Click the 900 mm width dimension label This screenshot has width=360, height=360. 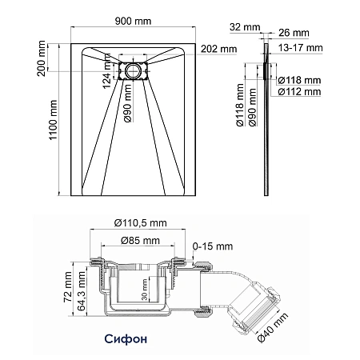click(x=133, y=21)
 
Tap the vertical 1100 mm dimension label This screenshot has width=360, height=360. click(x=54, y=120)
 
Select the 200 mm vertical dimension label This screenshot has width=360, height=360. click(x=42, y=58)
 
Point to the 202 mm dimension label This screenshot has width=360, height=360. click(x=218, y=49)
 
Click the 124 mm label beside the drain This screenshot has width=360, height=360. click(x=106, y=71)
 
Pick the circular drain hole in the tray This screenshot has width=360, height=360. click(x=133, y=71)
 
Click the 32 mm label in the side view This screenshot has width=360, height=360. click(x=245, y=27)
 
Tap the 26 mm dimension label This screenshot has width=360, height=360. click(x=294, y=33)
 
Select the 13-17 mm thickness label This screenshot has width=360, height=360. click(x=301, y=48)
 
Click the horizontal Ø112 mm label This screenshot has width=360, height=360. click(x=299, y=92)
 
